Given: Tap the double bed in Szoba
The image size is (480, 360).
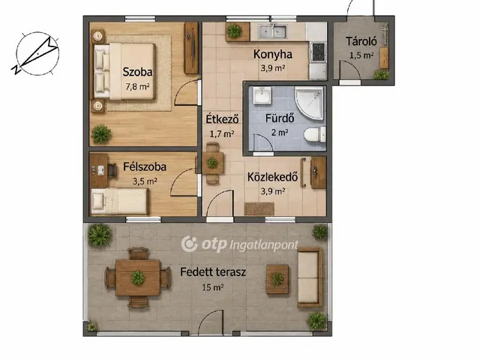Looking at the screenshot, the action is click(x=124, y=71).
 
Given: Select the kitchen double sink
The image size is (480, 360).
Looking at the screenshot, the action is click(x=273, y=31).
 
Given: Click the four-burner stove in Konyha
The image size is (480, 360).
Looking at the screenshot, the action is click(x=318, y=52).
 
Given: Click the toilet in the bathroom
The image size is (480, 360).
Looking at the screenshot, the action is click(x=315, y=135).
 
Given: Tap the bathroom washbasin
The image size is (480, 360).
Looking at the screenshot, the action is click(x=262, y=95).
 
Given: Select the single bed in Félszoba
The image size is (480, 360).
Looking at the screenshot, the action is click(x=120, y=201).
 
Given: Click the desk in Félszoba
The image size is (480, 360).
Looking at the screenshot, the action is click(x=99, y=170).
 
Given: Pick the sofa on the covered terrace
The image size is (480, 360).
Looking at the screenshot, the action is click(x=310, y=277).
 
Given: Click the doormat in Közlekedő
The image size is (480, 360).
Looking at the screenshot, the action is click(x=259, y=208).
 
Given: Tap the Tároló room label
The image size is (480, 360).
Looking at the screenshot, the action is click(x=361, y=42).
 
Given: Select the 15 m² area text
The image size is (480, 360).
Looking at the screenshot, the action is click(x=212, y=287).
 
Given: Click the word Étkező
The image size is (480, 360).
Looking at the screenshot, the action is click(x=222, y=118).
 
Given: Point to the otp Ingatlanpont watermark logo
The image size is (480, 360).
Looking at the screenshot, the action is click(x=240, y=244).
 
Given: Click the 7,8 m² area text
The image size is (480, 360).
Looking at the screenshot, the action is click(x=137, y=86).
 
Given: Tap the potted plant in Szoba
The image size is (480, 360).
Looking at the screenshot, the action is click(x=101, y=134).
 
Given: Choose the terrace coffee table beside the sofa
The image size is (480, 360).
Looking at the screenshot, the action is click(x=277, y=279).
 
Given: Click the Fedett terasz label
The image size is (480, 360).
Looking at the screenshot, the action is click(x=213, y=271).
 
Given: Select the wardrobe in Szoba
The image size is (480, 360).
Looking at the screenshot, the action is click(x=191, y=48).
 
